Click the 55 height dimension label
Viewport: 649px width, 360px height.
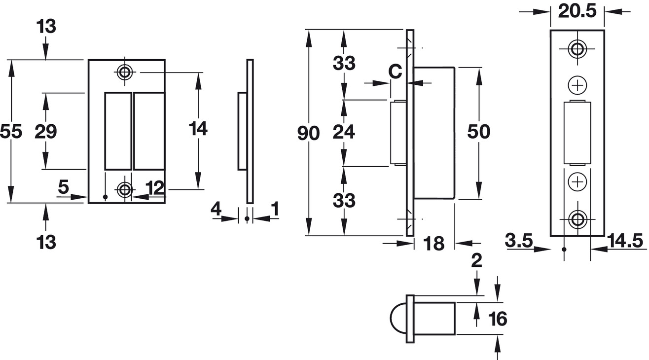pos(11,132)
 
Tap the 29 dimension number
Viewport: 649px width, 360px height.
pos(45,132)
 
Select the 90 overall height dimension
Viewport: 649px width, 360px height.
pos(309,134)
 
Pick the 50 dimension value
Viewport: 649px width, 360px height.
pos(479,132)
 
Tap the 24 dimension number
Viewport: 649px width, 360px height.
pos(344,132)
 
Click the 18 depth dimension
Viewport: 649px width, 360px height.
pos(433,243)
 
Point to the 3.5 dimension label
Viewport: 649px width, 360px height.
pos(519,240)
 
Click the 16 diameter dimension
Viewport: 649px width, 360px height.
pos(498,319)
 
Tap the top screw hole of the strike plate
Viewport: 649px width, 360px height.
pos(125,72)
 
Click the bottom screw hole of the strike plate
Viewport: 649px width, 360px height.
pos(125,190)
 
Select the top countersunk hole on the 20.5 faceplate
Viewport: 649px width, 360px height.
pos(577,49)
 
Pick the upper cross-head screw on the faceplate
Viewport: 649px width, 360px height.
pos(577,85)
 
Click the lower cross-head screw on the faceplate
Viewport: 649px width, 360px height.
pos(577,182)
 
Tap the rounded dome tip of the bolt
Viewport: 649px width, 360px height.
pos(398,318)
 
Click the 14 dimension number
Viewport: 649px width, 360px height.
pos(198,129)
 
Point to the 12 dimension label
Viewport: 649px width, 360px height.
pos(155,188)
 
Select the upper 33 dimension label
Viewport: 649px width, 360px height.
pos(344,63)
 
